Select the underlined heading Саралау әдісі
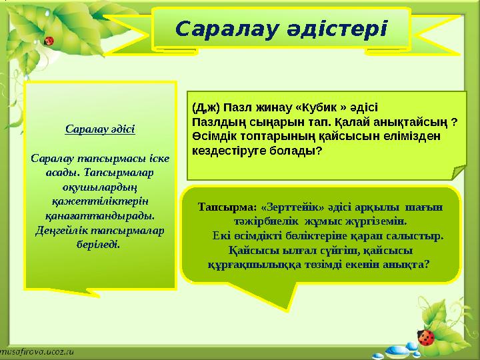[x=100, y=129]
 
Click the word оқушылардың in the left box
[x=100, y=187]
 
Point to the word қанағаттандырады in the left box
[x=99, y=215]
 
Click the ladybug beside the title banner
[x=48, y=41]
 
